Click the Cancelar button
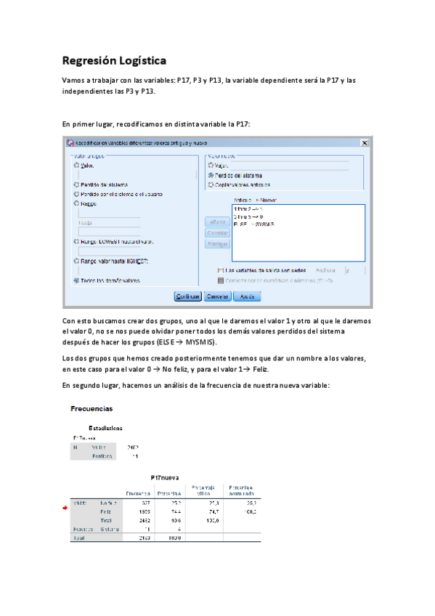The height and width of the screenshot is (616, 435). pos(218,296)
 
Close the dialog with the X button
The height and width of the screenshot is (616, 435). pos(364,143)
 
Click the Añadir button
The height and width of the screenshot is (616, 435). pos(217,221)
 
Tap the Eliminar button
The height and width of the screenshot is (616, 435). pos(217,243)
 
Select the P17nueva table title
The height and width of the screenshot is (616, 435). pos(165,477)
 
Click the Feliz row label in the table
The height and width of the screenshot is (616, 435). pos(105,511)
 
